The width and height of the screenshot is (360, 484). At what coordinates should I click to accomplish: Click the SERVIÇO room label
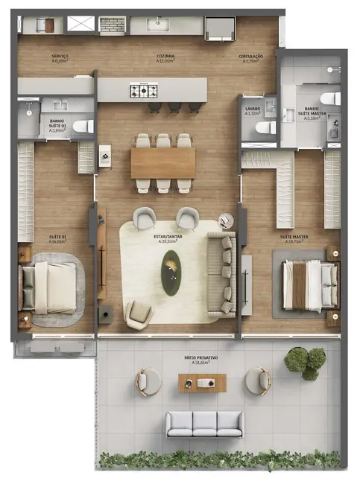pyautogui.click(x=60, y=57)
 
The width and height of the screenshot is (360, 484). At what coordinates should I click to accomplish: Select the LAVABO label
pyautogui.click(x=253, y=110)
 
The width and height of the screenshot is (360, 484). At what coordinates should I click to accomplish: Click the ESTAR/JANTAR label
pyautogui.click(x=171, y=238)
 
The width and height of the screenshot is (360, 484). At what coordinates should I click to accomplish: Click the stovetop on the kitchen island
pyautogui.click(x=143, y=91)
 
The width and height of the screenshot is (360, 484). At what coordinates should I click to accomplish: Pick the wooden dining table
pyautogui.click(x=162, y=162)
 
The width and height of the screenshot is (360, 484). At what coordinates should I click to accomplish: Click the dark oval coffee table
pyautogui.click(x=173, y=273)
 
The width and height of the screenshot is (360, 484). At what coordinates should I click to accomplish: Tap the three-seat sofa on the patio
pyautogui.click(x=204, y=424)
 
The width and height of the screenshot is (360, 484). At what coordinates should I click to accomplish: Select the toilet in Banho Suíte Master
pyautogui.click(x=329, y=98)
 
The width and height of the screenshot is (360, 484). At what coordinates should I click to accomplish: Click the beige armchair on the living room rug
pyautogui.click(x=139, y=313)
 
